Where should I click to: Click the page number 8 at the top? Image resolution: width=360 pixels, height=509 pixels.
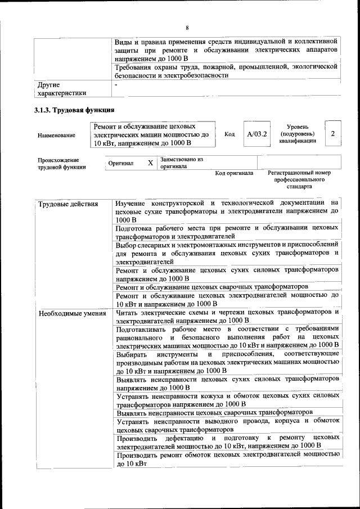pos(187,28)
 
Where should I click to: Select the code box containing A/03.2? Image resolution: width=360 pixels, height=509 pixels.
pos(257,134)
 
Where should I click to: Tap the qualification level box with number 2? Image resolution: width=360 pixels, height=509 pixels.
pos(334,134)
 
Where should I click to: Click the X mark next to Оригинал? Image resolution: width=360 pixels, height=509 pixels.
pos(150,163)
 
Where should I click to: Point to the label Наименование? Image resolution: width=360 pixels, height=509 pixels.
pos(56,136)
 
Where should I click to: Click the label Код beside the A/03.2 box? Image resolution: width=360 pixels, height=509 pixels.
pos(229,134)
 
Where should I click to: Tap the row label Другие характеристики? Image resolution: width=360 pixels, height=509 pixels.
pos(62,89)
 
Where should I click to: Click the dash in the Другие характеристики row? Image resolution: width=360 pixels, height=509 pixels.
pos(116,84)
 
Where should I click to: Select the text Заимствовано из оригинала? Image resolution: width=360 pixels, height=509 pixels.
pos(181,163)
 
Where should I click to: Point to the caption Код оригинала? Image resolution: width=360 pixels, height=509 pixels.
pos(234,173)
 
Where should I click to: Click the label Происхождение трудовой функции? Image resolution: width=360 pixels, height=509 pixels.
pos(62,163)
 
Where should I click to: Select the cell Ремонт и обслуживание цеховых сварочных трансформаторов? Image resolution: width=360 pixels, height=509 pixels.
pos(213,287)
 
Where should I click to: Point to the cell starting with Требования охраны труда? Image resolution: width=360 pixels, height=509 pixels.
pos(226,71)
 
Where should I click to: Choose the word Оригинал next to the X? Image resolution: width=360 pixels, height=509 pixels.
pos(121,164)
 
